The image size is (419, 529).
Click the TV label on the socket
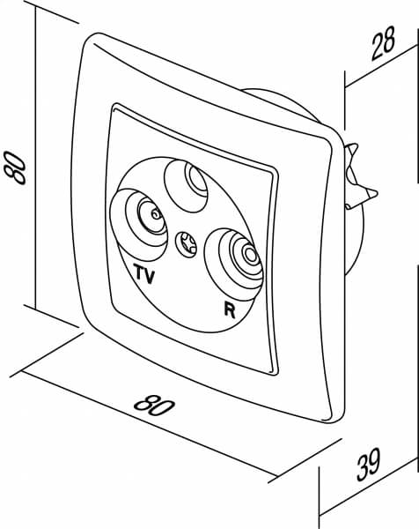[145, 273]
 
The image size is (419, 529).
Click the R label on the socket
[230, 309]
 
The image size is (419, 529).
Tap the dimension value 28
[383, 44]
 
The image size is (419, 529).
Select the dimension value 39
[368, 465]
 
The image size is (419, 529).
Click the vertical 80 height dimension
[15, 168]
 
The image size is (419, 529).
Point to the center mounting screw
[186, 244]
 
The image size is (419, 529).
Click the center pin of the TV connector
[155, 214]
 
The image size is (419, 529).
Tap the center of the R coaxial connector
[250, 255]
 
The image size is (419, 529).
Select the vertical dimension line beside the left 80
[35, 158]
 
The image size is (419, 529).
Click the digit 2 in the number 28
[377, 48]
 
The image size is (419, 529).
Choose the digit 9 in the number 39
[374, 461]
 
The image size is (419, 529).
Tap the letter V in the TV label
[150, 275]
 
